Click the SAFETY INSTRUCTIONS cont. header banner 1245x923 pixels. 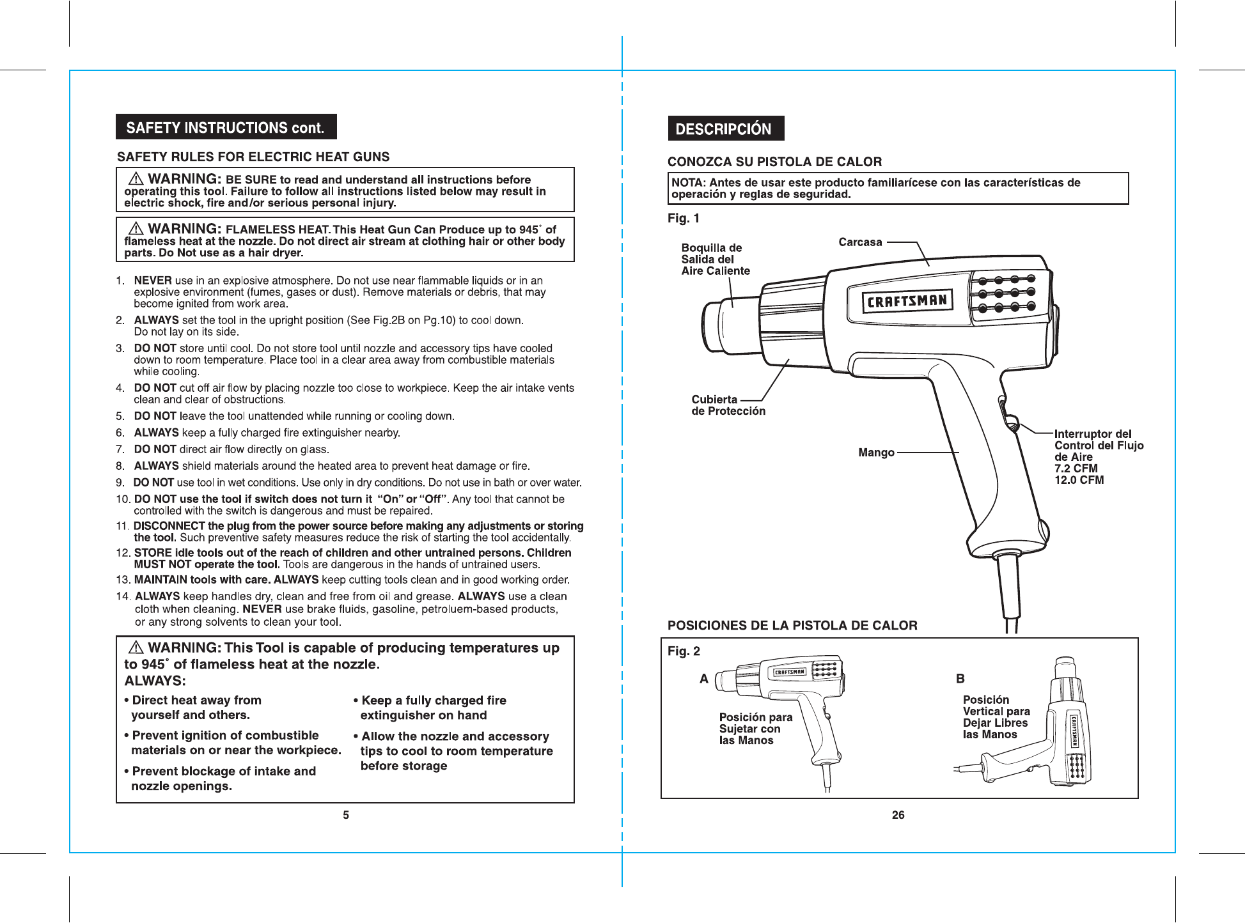tap(226, 127)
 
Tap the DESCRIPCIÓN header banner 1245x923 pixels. tap(725, 128)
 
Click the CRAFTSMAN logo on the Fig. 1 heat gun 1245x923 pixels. tap(907, 301)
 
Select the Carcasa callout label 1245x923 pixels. tap(860, 242)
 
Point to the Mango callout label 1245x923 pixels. tap(876, 453)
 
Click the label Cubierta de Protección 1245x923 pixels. tap(728, 405)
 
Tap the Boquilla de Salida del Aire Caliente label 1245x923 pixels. tap(715, 260)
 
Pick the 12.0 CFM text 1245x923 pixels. tap(1079, 480)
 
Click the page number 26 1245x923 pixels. tap(898, 815)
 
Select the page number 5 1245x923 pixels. tap(346, 815)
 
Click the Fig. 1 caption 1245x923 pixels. tap(683, 219)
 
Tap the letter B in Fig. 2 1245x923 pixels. tap(960, 679)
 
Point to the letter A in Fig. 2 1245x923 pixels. tap(704, 679)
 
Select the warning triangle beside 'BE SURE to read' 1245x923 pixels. tap(136, 179)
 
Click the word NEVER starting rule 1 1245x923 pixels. tap(153, 281)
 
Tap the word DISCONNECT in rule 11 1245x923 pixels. tap(169, 526)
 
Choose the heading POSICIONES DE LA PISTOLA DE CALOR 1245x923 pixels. tap(792, 626)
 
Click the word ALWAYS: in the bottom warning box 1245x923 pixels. tap(155, 681)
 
